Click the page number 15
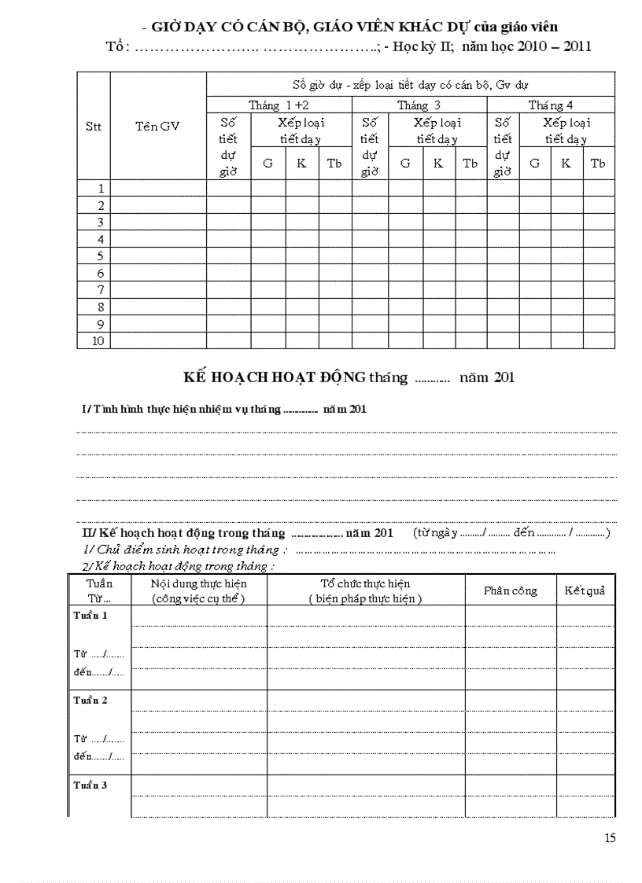pyautogui.click(x=611, y=837)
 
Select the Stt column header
pyautogui.click(x=93, y=126)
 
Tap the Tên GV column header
pyautogui.click(x=157, y=126)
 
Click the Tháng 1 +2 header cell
pyautogui.click(x=279, y=105)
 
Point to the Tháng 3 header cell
pyautogui.click(x=419, y=105)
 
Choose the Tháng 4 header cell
pyautogui.click(x=551, y=105)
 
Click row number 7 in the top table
pyautogui.click(x=101, y=290)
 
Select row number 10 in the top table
pyautogui.click(x=99, y=341)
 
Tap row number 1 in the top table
pyautogui.click(x=101, y=188)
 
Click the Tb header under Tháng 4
pyautogui.click(x=598, y=164)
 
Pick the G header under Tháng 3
pyautogui.click(x=405, y=164)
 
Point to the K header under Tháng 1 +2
pyautogui.click(x=301, y=164)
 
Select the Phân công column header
pyautogui.click(x=511, y=591)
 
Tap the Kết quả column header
pyautogui.click(x=585, y=591)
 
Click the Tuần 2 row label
pyautogui.click(x=90, y=700)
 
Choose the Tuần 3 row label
pyautogui.click(x=90, y=785)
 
